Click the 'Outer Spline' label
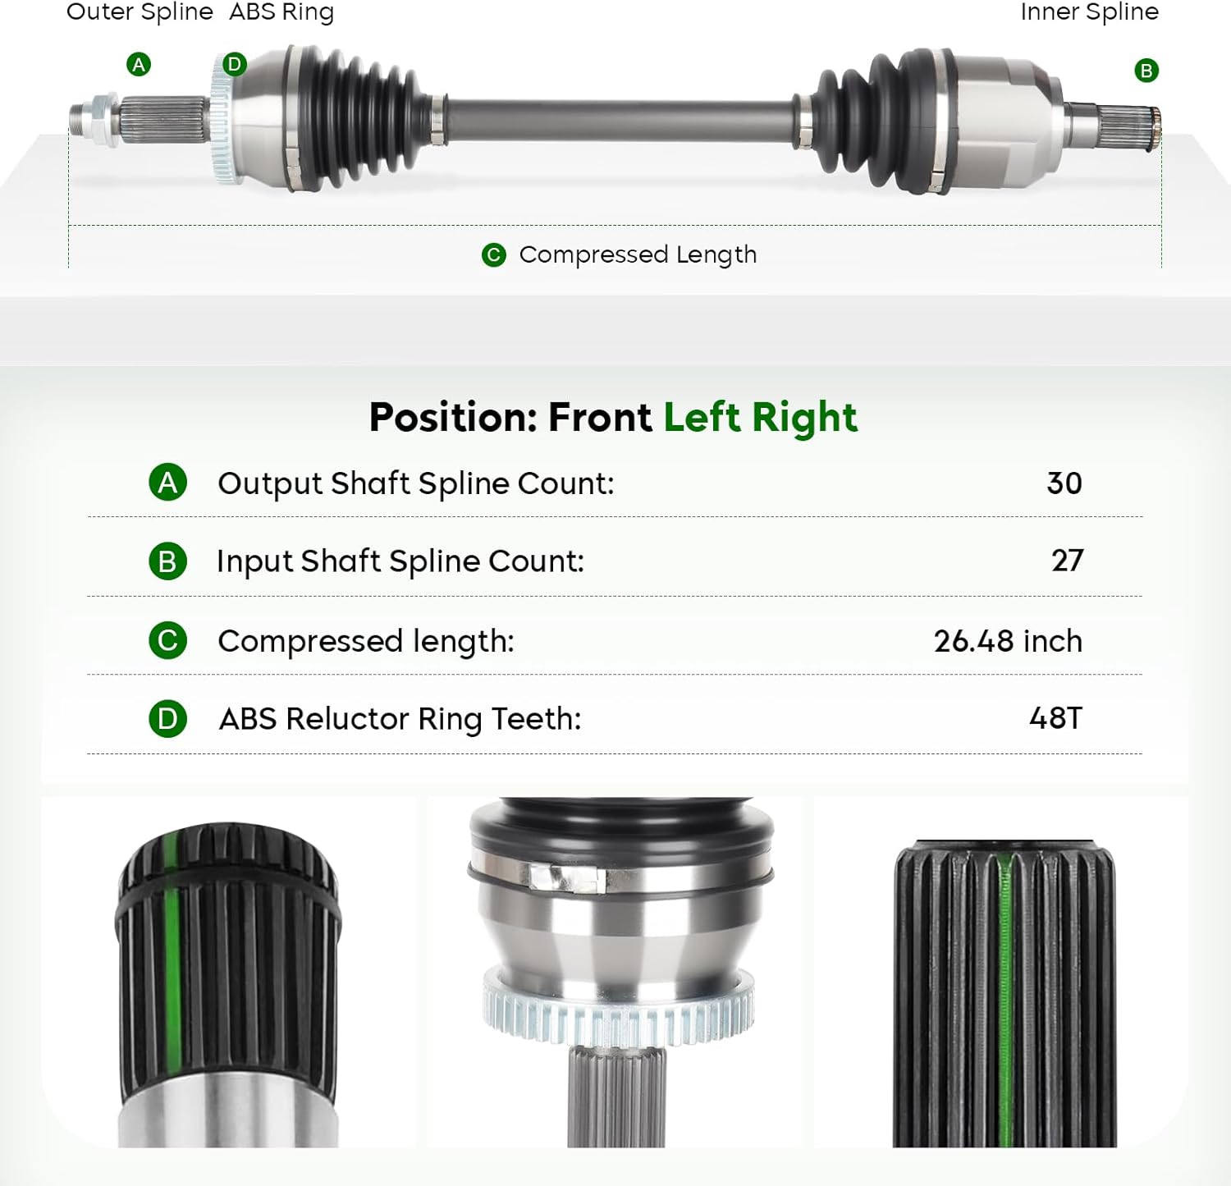(x=140, y=12)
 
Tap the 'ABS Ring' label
(x=281, y=12)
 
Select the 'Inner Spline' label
(x=1089, y=12)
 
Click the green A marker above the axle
(x=139, y=65)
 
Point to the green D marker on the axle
(x=235, y=65)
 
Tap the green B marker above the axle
(x=1146, y=71)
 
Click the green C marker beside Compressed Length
(x=493, y=255)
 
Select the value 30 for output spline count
(x=1064, y=483)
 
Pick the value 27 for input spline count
(x=1067, y=561)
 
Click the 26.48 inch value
(x=1008, y=641)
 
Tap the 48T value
(x=1055, y=718)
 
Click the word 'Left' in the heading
(x=702, y=417)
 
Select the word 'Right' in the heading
(x=804, y=419)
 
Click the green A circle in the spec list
(x=168, y=483)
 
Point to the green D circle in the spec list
(x=168, y=719)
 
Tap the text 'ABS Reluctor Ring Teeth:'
(x=400, y=719)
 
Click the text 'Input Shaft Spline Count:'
(x=400, y=561)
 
